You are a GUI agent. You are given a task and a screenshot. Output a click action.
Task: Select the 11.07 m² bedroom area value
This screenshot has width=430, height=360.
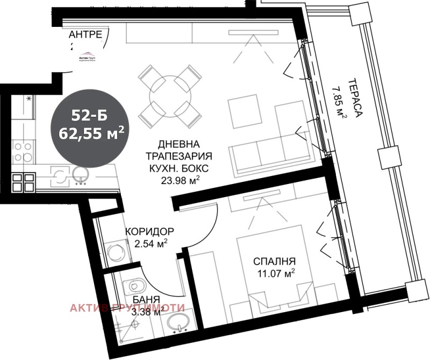[276, 274]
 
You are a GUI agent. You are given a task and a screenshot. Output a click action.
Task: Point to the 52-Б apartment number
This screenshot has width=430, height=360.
[90, 115]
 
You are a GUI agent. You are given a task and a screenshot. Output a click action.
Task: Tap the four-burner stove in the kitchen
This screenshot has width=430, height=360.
[21, 151]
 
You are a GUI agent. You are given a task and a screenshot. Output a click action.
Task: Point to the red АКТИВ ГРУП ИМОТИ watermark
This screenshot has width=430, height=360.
[127, 308]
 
